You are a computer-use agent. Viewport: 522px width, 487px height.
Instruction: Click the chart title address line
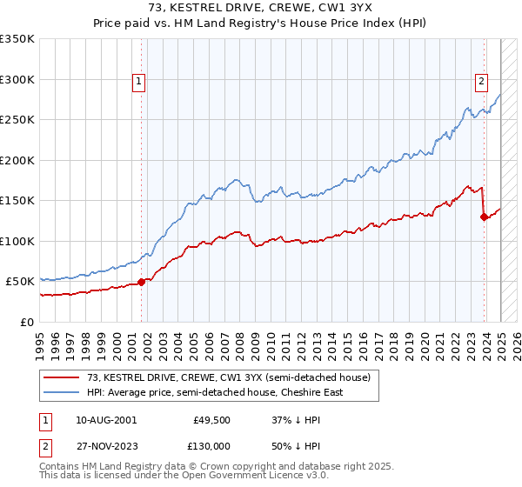(x=260, y=8)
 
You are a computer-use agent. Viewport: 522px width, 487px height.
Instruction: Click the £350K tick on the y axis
(x=17, y=39)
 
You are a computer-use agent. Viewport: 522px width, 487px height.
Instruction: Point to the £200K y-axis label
(x=17, y=160)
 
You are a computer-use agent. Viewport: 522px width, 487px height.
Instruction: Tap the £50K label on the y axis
(x=21, y=281)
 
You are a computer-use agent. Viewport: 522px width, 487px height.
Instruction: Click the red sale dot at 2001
(x=141, y=282)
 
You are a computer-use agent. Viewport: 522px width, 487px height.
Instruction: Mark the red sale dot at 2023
(x=483, y=217)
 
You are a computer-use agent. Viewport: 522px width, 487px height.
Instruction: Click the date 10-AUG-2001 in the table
(x=106, y=419)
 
